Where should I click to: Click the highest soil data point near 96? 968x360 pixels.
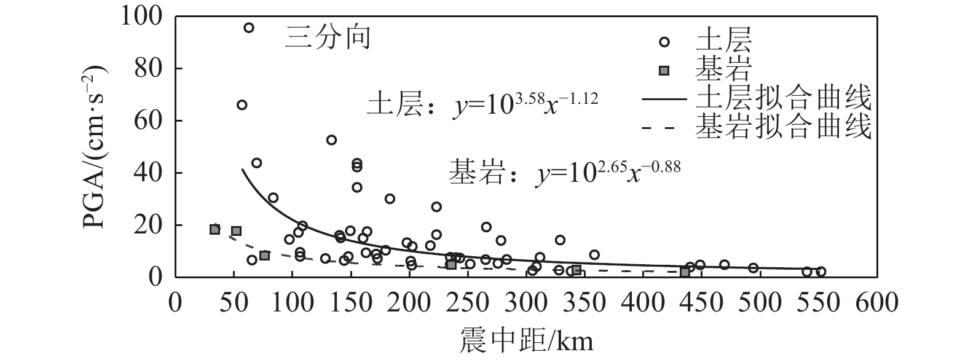(249, 28)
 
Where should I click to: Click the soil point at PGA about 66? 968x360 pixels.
(242, 105)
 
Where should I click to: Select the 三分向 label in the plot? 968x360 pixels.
(328, 38)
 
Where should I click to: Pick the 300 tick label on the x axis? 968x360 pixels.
(526, 303)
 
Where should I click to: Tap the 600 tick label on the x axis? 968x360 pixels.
(877, 303)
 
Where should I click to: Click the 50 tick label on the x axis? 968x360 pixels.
(234, 303)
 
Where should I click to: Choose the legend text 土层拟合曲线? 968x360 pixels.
(784, 98)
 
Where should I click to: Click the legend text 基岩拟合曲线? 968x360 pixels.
(784, 128)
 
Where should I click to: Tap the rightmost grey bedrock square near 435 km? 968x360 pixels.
(685, 272)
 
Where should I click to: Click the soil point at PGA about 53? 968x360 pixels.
(331, 140)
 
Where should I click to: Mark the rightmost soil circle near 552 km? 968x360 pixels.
(820, 272)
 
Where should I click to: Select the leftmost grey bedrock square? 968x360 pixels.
(214, 229)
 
